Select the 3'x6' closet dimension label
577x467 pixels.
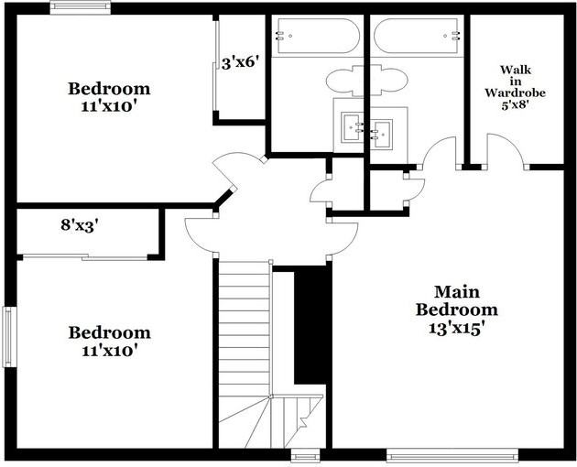coord(242,63)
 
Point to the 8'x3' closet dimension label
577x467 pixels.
coord(80,223)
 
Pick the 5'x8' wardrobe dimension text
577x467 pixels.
coord(515,103)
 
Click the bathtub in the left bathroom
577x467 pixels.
coord(316,37)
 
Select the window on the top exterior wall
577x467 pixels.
coord(80,8)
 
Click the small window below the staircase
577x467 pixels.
coord(305,454)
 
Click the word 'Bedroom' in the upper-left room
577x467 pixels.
coord(109,89)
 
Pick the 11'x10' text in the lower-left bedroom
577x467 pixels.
coord(109,350)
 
